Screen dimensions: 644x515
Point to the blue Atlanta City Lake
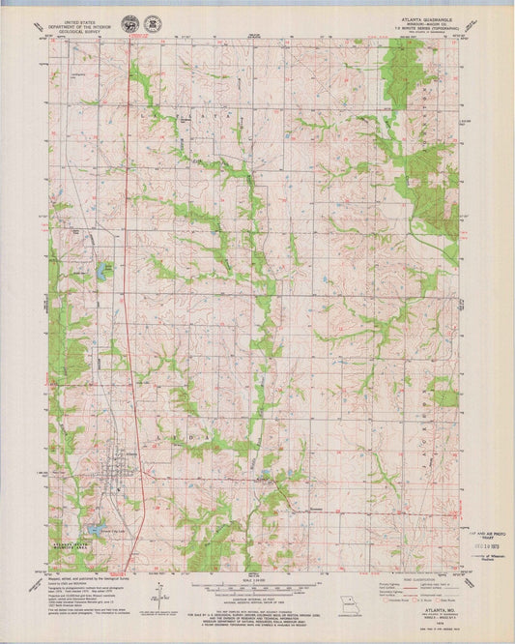(x=100, y=529)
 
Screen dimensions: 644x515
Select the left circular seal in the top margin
(x=129, y=20)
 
